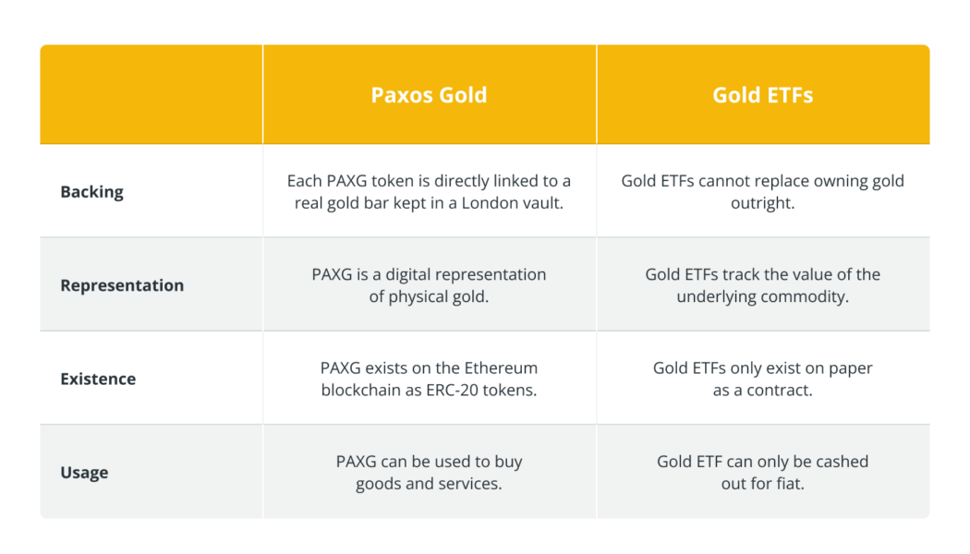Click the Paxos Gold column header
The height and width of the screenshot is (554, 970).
coord(429,95)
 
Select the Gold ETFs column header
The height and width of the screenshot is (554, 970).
coord(762,95)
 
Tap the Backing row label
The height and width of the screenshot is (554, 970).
coord(91,192)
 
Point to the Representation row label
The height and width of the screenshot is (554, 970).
coord(122,285)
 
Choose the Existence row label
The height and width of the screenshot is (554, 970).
coord(98,379)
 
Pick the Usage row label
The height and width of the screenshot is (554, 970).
coord(84,472)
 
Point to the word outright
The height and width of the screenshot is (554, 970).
coord(762,203)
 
